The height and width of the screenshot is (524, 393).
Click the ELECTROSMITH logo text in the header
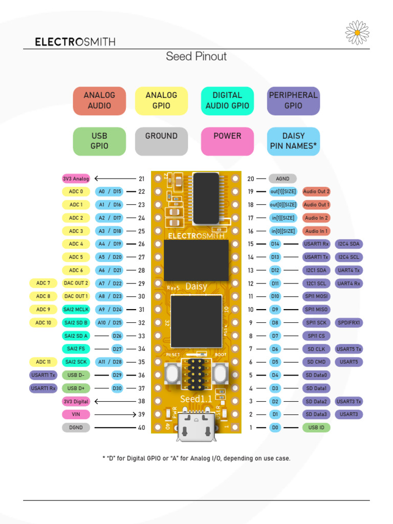(x=75, y=42)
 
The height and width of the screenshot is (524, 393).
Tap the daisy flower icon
(x=357, y=32)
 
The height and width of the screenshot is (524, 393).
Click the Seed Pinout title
(x=196, y=56)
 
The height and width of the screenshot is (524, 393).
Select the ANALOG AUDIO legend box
(x=99, y=101)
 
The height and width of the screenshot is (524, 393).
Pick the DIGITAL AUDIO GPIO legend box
(x=227, y=101)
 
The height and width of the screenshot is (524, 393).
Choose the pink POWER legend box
(x=227, y=141)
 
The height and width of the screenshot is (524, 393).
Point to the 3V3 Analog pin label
(x=76, y=179)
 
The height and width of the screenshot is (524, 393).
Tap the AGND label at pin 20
(x=282, y=179)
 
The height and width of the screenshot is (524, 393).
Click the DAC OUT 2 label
(x=76, y=283)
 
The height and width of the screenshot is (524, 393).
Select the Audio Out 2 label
(x=316, y=191)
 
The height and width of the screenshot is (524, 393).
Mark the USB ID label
(x=316, y=427)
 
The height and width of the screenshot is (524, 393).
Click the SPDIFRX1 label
(x=348, y=323)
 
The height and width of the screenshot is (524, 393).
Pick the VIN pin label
(x=76, y=414)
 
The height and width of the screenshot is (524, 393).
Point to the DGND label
(x=76, y=427)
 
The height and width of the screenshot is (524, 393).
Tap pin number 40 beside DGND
(x=142, y=428)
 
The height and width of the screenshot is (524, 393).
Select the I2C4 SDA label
(x=348, y=244)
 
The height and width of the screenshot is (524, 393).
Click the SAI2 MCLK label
(x=76, y=310)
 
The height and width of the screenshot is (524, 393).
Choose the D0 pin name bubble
(x=275, y=427)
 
